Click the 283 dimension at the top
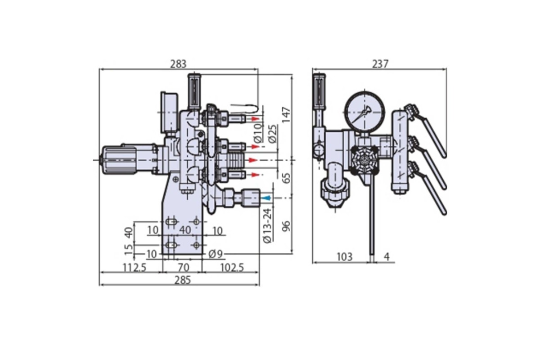click(178, 64)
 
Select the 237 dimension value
click(380, 64)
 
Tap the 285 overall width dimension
click(183, 280)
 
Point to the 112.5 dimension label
click(135, 267)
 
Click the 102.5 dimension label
click(232, 267)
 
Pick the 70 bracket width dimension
click(183, 267)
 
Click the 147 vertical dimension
click(286, 115)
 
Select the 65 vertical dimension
click(286, 178)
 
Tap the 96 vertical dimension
click(286, 226)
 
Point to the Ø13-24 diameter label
click(267, 225)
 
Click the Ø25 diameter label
click(272, 134)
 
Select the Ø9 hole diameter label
click(216, 254)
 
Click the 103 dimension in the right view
click(345, 257)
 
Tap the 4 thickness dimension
click(387, 257)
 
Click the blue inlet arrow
click(266, 198)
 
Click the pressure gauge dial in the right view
click(365, 112)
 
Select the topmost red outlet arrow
click(255, 119)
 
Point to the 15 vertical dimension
click(130, 249)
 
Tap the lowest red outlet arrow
click(255, 175)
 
